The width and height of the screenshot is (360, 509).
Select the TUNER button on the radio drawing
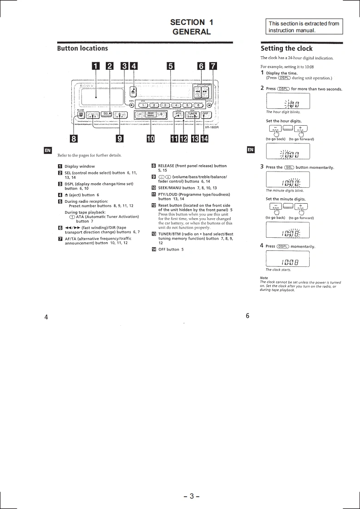point(192,115)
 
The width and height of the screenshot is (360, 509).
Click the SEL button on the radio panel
point(107,113)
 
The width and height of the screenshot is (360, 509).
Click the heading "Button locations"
point(82,48)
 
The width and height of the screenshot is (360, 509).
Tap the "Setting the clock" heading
point(286,49)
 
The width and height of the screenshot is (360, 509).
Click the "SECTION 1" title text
point(192,22)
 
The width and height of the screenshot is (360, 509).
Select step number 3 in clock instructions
point(262,166)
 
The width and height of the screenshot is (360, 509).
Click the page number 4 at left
point(46,317)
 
